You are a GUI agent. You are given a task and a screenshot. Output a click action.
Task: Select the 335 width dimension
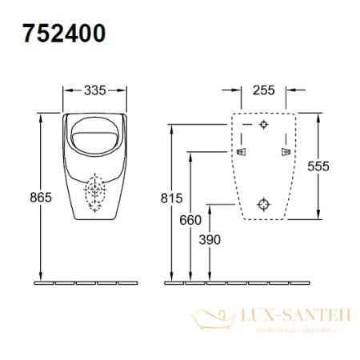tap(95, 89)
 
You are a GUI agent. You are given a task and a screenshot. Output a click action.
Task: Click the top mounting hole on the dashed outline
tap(265, 126)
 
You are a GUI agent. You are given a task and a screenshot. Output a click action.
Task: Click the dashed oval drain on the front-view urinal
tap(96, 194)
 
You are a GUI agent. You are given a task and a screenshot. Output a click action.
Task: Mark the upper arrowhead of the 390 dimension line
tap(209, 206)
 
